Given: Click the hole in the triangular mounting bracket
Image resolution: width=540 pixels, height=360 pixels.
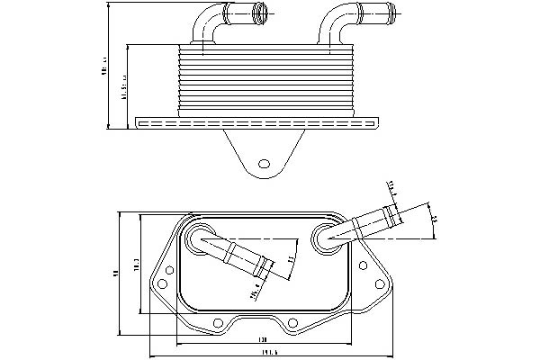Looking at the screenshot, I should click(x=264, y=164).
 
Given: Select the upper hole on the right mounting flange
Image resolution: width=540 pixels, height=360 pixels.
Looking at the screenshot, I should click(x=362, y=265).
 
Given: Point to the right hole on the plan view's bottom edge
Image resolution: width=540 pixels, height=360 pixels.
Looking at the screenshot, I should click(x=292, y=321).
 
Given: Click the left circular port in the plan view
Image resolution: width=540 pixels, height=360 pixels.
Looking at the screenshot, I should click(x=198, y=238).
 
